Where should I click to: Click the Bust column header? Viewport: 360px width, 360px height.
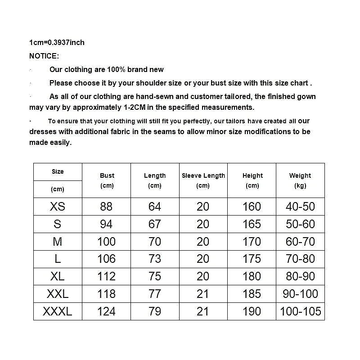[x=107, y=180]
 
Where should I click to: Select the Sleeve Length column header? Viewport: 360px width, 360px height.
[x=203, y=180]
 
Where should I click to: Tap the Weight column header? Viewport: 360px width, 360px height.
[x=300, y=180]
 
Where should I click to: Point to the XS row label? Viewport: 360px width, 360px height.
[x=58, y=207]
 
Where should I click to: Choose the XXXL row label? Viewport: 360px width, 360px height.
[x=58, y=311]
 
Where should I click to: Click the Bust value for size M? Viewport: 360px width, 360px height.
[x=107, y=242]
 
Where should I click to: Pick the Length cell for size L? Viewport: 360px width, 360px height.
[x=155, y=259]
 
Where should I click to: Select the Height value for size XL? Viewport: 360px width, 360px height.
[x=252, y=276]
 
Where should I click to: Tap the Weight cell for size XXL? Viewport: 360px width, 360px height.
[x=300, y=294]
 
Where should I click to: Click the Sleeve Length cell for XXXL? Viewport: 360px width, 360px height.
[x=203, y=311]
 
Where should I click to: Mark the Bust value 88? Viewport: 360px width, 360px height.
[x=107, y=207]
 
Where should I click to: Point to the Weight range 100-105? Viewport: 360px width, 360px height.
[x=300, y=311]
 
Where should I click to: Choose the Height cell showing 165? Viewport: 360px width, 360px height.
[x=252, y=224]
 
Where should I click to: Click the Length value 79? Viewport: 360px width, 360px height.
[x=155, y=311]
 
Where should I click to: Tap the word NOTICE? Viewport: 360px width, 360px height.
[x=44, y=56]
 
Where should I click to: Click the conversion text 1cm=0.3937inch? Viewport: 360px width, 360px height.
[x=57, y=43]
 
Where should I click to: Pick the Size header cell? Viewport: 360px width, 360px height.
[x=58, y=172]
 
